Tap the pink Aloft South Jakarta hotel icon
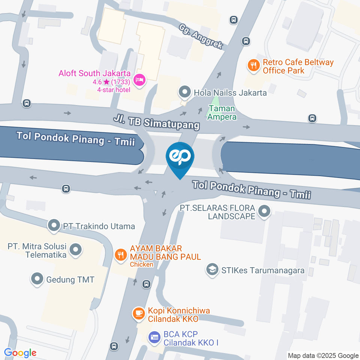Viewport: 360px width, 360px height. (x=139, y=80)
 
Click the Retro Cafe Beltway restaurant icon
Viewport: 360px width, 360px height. (x=254, y=66)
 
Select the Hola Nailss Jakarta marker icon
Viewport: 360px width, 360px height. (x=184, y=92)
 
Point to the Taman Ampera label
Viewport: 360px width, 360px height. (x=222, y=112)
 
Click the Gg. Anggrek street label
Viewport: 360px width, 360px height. (x=201, y=37)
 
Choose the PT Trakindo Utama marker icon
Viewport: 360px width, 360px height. (x=54, y=226)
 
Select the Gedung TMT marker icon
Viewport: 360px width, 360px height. (x=37, y=279)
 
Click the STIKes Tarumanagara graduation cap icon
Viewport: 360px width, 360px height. (x=213, y=270)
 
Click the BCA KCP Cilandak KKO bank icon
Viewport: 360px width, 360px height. (x=154, y=337)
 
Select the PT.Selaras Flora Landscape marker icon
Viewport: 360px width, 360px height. (x=265, y=211)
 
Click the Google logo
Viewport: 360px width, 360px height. (x=20, y=353)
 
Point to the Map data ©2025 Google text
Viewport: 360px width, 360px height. (x=323, y=355)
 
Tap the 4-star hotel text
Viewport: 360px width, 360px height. (x=114, y=89)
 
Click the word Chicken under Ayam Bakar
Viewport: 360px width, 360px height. (x=141, y=264)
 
